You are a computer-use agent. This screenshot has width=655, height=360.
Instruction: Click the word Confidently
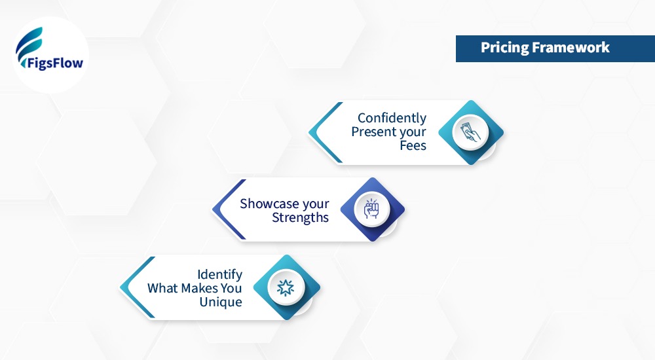click(x=392, y=118)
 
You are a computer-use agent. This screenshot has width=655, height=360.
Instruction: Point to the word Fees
click(x=413, y=145)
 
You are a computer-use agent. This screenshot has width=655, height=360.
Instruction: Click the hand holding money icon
click(x=470, y=132)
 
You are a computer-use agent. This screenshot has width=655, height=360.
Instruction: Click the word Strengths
click(x=300, y=217)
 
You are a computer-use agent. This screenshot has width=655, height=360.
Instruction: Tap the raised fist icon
click(x=371, y=209)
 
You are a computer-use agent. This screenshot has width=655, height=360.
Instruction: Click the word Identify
click(x=219, y=274)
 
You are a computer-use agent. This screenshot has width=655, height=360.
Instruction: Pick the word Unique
click(x=221, y=302)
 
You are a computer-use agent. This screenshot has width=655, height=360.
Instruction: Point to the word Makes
click(x=199, y=288)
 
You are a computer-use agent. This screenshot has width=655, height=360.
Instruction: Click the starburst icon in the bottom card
click(x=286, y=287)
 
